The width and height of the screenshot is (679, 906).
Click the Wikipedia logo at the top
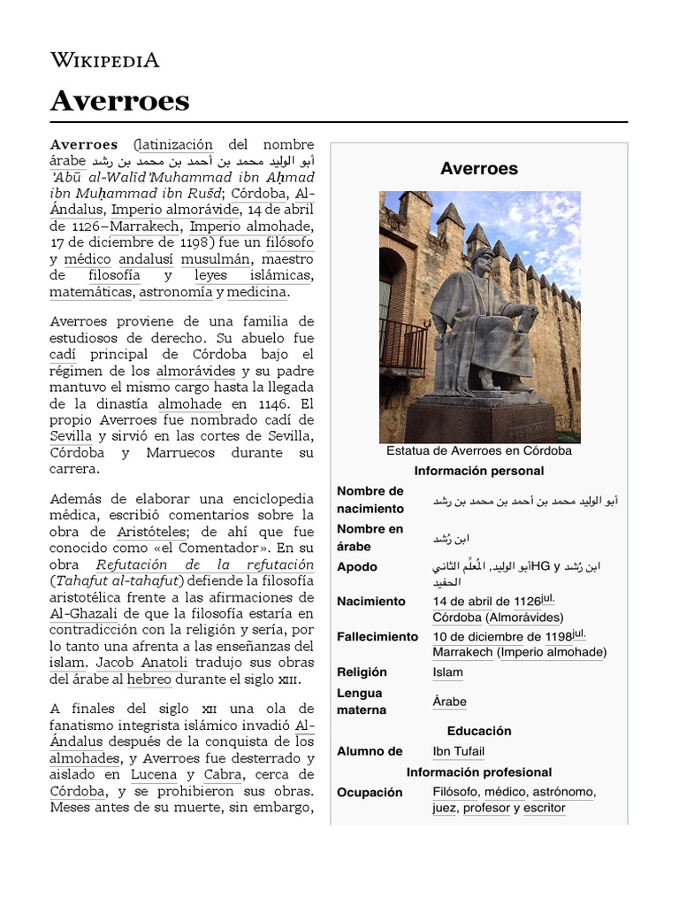click(104, 60)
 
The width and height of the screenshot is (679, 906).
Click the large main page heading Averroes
click(120, 102)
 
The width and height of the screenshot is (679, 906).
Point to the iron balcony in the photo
click(402, 344)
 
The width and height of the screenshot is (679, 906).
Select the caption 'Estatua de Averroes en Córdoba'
click(478, 450)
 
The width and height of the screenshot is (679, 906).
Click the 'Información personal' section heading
click(478, 471)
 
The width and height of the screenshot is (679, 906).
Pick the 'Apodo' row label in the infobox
click(357, 566)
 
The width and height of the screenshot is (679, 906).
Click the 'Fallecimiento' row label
click(378, 636)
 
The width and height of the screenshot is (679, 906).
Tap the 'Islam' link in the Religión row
click(447, 672)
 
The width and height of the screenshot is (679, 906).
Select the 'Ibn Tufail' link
click(458, 751)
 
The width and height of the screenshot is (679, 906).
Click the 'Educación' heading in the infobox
click(478, 731)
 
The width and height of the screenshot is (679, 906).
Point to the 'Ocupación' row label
click(370, 792)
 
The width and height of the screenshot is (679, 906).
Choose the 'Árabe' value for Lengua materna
click(449, 702)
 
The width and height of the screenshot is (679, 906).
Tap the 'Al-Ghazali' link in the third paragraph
click(80, 613)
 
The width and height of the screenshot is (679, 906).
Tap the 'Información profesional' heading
click(478, 772)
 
